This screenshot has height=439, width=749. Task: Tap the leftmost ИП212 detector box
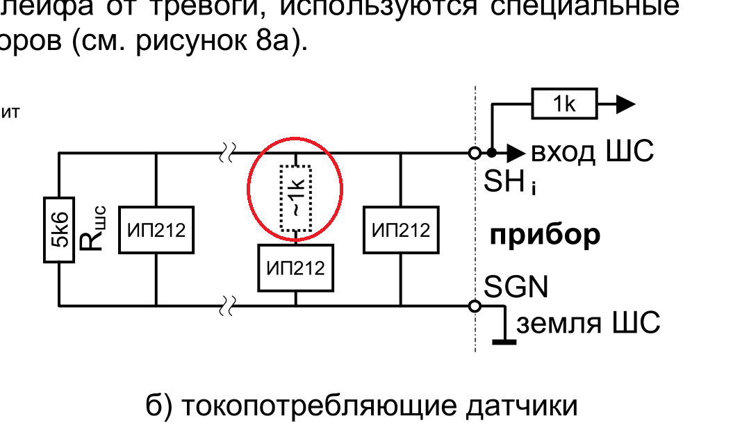click(156, 230)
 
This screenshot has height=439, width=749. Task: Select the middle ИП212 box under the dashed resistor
click(295, 267)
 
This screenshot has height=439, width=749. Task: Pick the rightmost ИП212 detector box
click(401, 230)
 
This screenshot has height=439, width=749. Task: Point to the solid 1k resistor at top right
click(564, 104)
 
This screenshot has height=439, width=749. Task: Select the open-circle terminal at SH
click(475, 152)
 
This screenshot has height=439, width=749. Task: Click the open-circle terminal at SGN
click(475, 306)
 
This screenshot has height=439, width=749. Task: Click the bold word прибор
click(545, 236)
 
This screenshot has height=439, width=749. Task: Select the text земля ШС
click(587, 323)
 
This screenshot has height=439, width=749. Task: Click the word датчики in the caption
click(522, 406)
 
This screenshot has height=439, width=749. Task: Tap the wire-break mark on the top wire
click(228, 152)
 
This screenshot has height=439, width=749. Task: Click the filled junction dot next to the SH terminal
click(491, 152)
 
